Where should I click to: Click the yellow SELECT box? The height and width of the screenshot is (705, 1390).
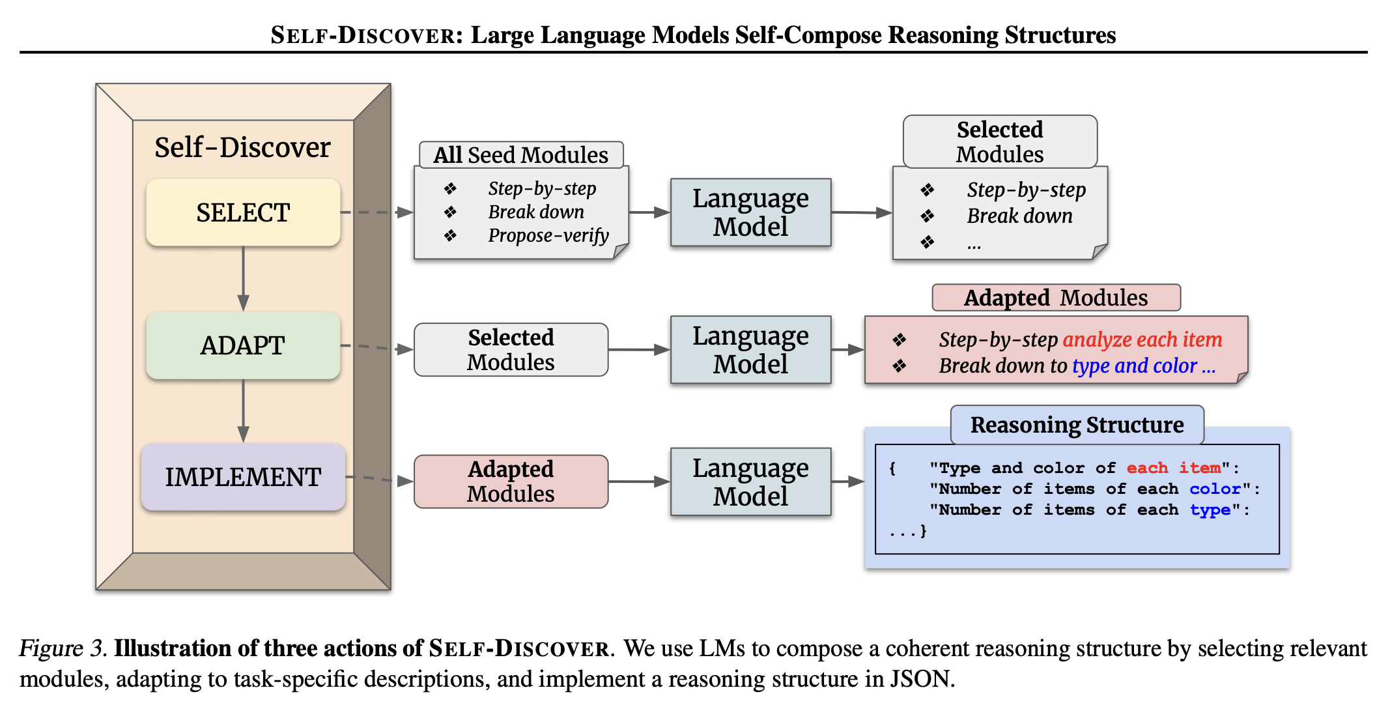[x=243, y=212]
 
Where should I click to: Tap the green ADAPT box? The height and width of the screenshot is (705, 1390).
[x=243, y=345]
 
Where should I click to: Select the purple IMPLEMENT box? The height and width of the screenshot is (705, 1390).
[x=243, y=477]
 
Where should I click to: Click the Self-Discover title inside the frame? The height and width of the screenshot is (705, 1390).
[x=242, y=147]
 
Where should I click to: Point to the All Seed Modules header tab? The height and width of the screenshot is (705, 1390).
[x=521, y=155]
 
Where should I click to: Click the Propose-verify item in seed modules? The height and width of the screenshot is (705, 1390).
[x=548, y=235]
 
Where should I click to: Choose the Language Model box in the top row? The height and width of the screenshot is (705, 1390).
[x=750, y=212]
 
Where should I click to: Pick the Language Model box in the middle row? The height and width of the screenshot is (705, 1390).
[x=750, y=350]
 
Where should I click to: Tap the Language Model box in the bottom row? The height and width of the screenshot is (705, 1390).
[x=750, y=482]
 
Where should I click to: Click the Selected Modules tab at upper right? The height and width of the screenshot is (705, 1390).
[x=1000, y=142]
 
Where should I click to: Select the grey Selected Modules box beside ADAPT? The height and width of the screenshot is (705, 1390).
[x=511, y=350]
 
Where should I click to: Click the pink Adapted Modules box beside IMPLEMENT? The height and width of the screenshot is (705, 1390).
[x=511, y=482]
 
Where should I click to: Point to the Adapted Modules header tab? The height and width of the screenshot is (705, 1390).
[x=1056, y=298]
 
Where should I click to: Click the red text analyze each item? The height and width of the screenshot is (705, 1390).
[x=1142, y=339]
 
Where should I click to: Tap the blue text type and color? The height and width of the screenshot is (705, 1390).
[x=1135, y=366]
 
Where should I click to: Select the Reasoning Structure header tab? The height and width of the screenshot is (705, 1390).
[x=1077, y=425]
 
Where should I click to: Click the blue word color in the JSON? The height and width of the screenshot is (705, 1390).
[x=1215, y=489]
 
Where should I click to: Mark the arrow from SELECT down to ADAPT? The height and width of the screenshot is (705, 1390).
[x=243, y=279]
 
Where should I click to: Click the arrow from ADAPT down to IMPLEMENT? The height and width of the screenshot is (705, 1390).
[x=243, y=411]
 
